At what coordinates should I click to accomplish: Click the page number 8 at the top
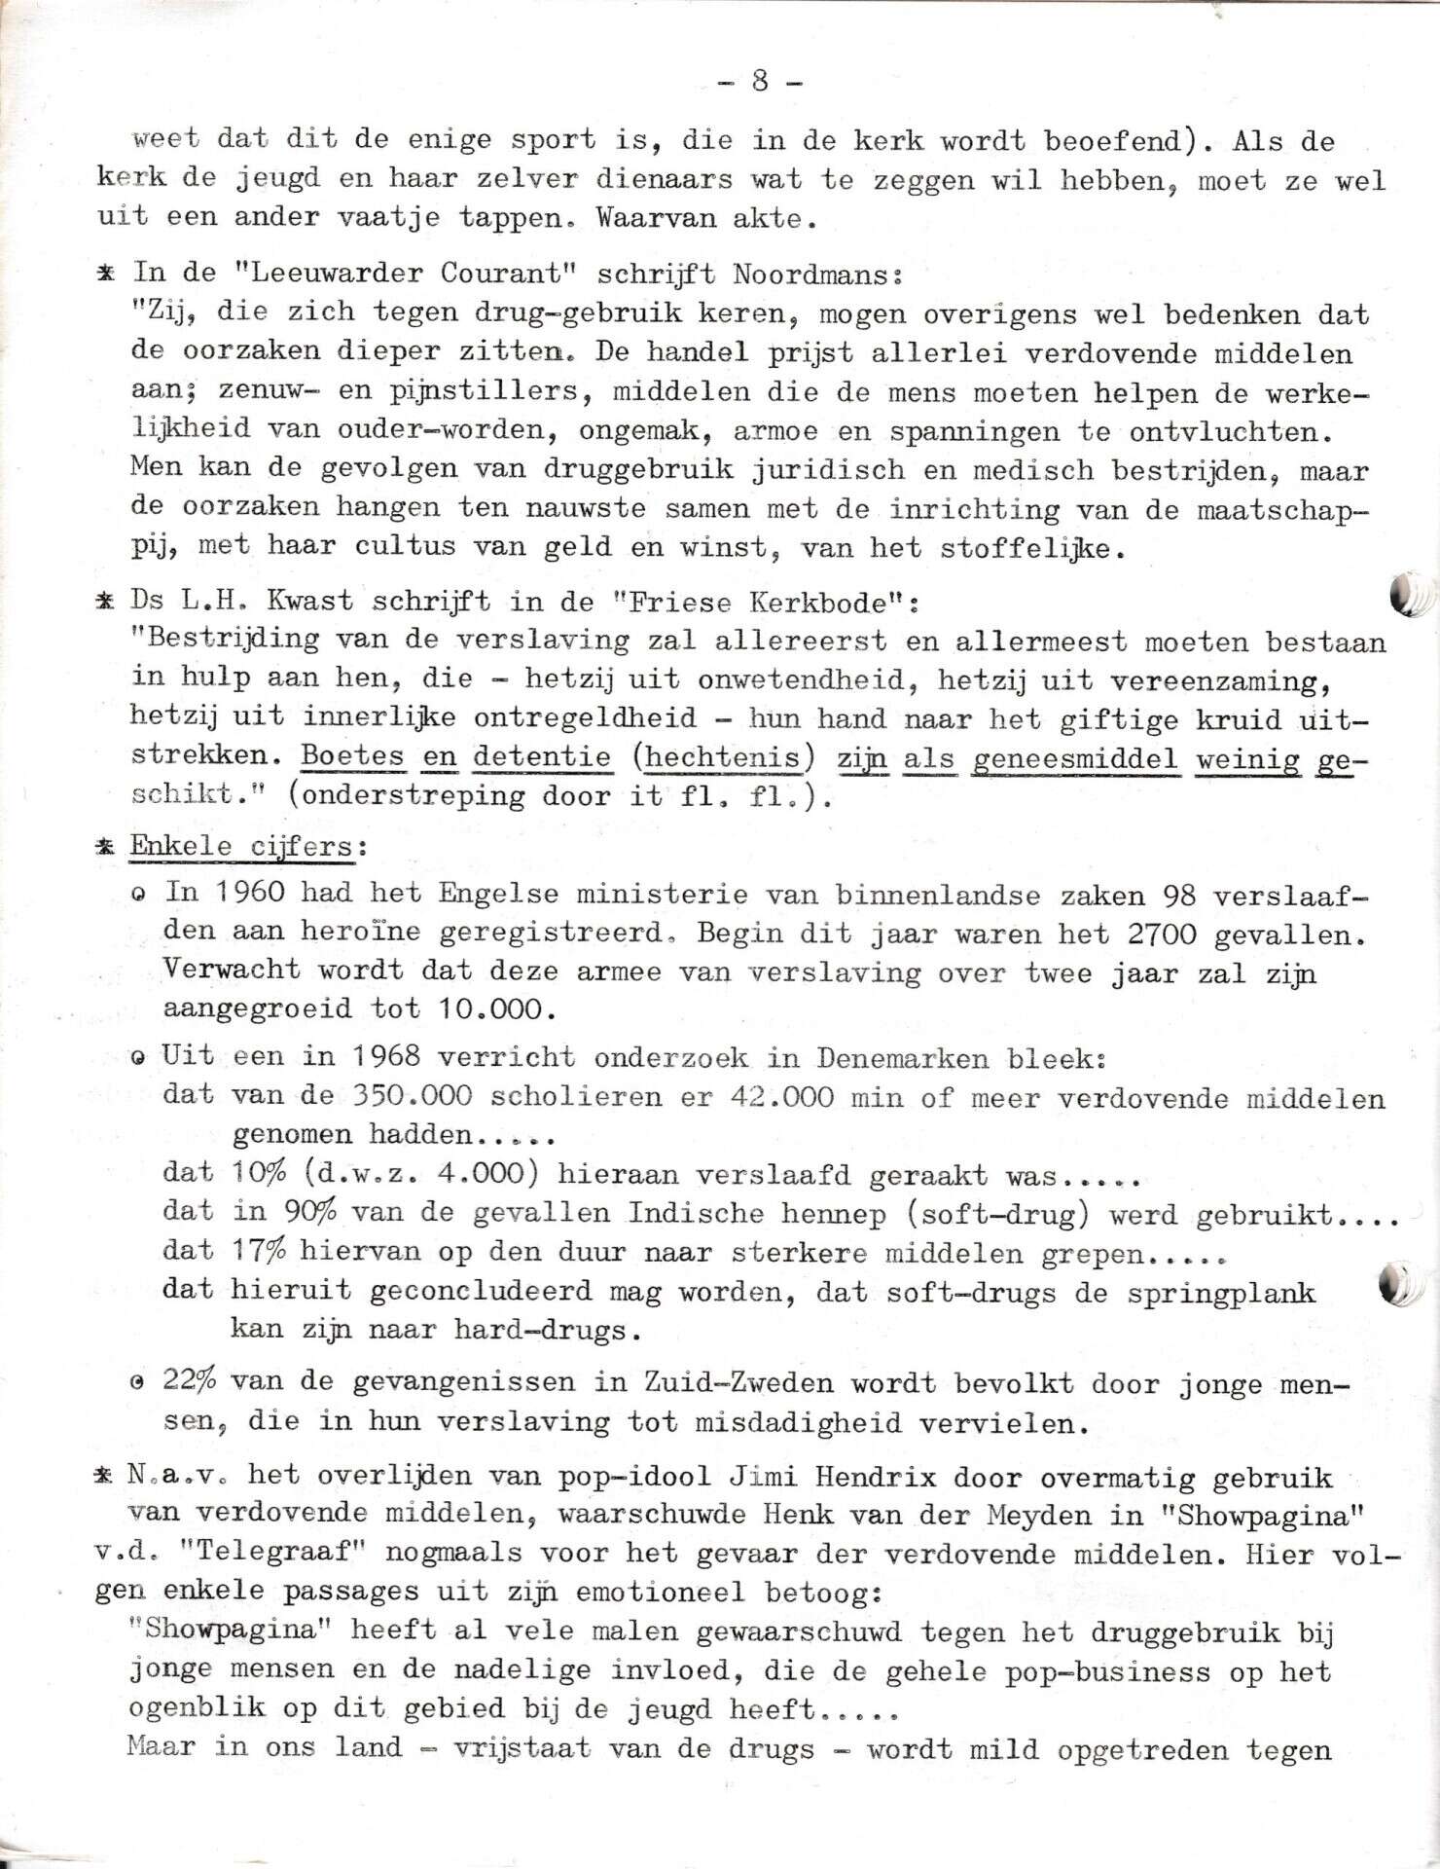[x=760, y=82]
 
